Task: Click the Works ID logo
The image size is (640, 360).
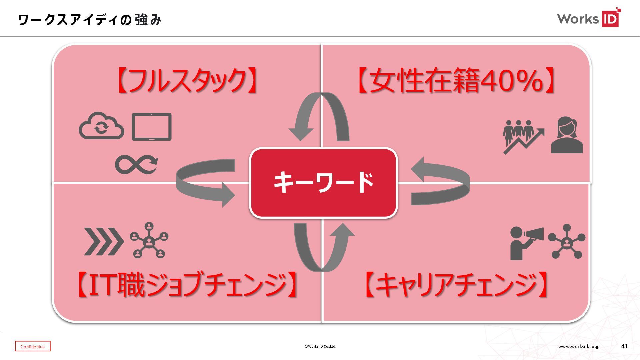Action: (x=588, y=18)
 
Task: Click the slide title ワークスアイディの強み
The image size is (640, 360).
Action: (x=89, y=20)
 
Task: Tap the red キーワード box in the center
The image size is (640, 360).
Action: (x=323, y=183)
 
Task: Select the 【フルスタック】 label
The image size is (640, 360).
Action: (x=187, y=80)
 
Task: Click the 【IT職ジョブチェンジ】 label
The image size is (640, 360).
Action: (x=187, y=285)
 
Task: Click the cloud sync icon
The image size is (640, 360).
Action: (x=101, y=126)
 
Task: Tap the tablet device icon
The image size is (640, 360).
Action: (x=152, y=127)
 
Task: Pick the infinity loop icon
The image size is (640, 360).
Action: (x=136, y=164)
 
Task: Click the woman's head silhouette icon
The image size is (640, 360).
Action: (x=567, y=135)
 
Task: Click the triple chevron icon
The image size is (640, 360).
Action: (x=104, y=242)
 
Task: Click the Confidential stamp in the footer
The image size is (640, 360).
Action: (x=33, y=346)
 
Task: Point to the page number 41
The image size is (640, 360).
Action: (x=624, y=346)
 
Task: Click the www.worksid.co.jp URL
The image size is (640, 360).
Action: (x=579, y=346)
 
